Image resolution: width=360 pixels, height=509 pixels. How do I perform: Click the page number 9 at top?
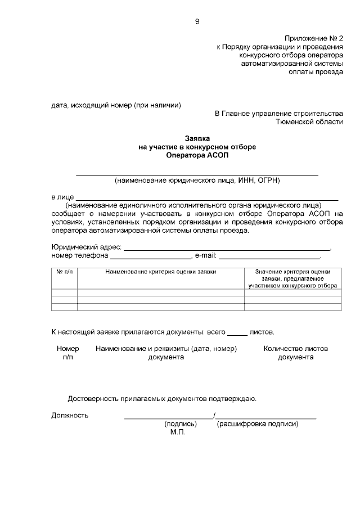197,21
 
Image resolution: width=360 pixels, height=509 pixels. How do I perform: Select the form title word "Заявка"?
197,138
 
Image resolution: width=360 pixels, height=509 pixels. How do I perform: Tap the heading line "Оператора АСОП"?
197,155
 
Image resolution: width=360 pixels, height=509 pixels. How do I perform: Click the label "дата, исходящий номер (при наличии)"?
116,105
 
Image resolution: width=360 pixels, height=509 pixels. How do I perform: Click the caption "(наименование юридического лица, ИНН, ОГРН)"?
197,181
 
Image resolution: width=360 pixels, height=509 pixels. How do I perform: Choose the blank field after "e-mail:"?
269,255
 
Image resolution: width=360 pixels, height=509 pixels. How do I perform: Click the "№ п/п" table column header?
64,272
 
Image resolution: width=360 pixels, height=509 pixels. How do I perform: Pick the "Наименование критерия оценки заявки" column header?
160,272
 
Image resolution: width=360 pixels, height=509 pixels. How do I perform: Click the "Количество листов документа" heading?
295,353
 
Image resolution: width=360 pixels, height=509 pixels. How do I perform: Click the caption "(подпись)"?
180,424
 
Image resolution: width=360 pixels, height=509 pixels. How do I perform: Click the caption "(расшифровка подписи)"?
257,424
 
